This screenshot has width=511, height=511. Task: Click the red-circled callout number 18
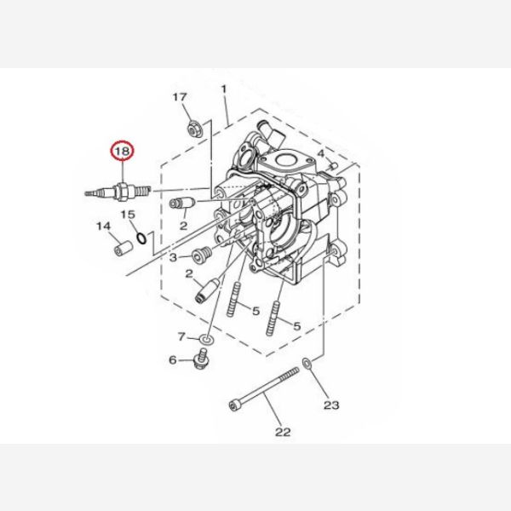click(x=123, y=152)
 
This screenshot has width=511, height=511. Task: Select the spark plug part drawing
click(x=118, y=192)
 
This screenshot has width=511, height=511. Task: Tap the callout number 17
click(x=180, y=97)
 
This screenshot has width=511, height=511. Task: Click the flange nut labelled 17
click(x=195, y=129)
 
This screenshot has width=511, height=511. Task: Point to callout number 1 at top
click(x=223, y=89)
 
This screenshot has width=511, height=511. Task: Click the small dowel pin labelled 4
click(x=333, y=167)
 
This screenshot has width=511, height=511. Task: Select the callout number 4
click(x=321, y=153)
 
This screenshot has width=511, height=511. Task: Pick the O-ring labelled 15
click(x=141, y=238)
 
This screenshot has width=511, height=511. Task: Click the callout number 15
click(x=128, y=215)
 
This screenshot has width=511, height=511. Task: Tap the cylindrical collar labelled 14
click(x=123, y=248)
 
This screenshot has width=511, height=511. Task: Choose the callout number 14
click(x=104, y=227)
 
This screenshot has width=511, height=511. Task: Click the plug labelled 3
click(x=202, y=255)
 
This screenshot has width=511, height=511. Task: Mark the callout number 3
click(x=173, y=258)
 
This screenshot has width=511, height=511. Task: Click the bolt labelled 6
click(x=201, y=359)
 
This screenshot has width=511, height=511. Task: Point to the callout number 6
click(x=173, y=360)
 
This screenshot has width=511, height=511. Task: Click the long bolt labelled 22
click(x=264, y=389)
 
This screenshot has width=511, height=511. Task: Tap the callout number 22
click(x=283, y=432)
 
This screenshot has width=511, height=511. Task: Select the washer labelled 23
click(x=307, y=363)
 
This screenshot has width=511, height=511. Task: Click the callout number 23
click(x=331, y=405)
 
